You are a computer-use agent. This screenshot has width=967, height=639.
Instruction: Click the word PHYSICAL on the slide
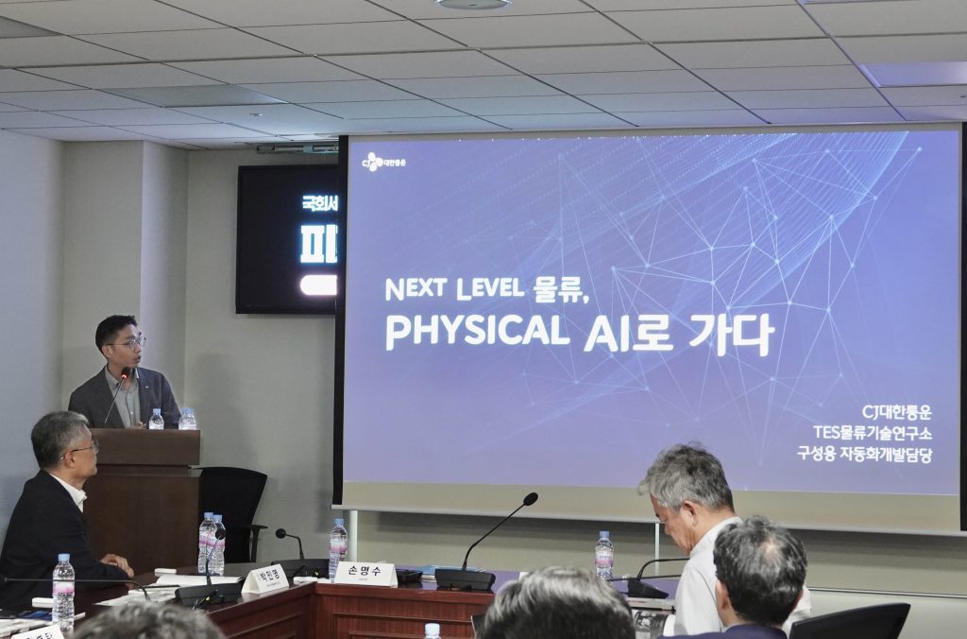click(x=477, y=332)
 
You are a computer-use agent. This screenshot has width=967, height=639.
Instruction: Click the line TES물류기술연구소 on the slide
click(x=872, y=432)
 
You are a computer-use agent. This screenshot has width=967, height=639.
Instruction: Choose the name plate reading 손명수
click(x=365, y=574)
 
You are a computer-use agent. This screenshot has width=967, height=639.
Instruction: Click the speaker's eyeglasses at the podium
click(x=128, y=341)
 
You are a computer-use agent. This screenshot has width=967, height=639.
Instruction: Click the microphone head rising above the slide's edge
click(x=530, y=498)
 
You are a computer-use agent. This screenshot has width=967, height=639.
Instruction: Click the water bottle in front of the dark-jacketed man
click(x=63, y=592)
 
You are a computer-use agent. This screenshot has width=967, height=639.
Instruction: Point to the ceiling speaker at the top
click(x=472, y=4)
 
